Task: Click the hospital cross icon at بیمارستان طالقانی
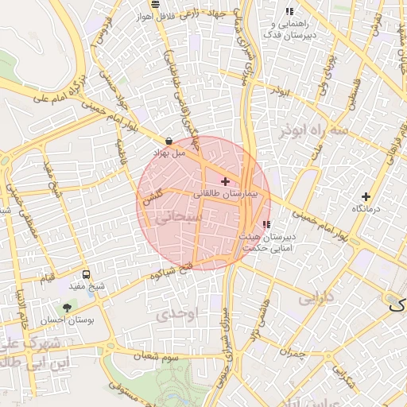coord(225,182)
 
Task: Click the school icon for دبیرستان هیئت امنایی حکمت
coord(266,224)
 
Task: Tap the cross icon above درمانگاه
coord(366,196)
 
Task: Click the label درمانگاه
coord(367,208)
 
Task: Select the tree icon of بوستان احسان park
coord(67,307)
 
